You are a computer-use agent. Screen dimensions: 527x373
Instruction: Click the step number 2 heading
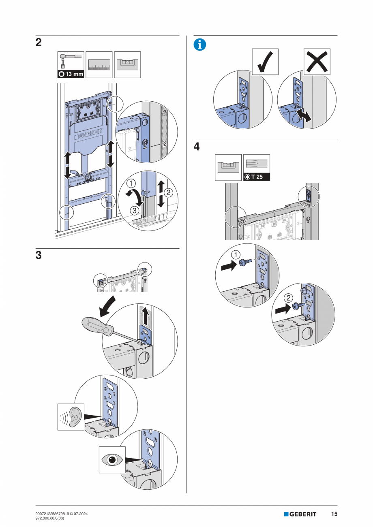click(39, 43)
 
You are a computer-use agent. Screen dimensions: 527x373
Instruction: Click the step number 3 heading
click(39, 256)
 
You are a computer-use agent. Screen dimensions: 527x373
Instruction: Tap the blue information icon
click(199, 45)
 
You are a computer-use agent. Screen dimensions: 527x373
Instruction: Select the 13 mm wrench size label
click(71, 74)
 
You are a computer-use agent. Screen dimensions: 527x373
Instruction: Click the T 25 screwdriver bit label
click(257, 177)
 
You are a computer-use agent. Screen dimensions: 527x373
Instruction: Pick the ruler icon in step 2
click(99, 65)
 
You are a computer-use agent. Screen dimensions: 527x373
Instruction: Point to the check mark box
click(265, 62)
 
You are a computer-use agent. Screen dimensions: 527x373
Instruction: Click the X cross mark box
click(317, 62)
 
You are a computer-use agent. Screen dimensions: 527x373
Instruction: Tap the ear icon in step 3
click(71, 416)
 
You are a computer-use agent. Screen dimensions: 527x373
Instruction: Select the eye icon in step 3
click(112, 460)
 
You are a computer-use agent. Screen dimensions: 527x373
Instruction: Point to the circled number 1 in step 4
click(235, 255)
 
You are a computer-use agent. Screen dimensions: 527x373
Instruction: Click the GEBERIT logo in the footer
click(300, 514)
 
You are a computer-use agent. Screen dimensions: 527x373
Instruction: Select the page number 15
click(334, 514)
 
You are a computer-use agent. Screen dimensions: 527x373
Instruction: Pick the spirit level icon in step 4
click(228, 167)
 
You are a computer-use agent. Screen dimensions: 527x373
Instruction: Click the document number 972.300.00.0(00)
click(53, 518)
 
